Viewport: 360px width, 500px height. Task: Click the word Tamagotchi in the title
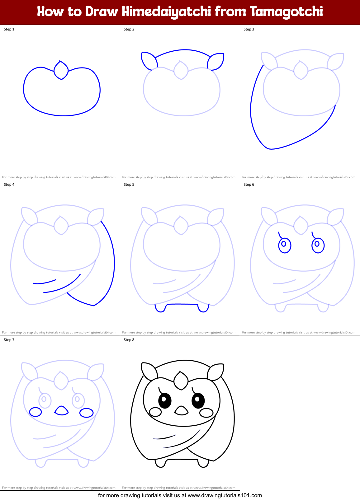286,12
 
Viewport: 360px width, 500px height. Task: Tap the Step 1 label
9,29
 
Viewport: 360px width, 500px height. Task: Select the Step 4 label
9,185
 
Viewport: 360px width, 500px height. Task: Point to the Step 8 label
129,340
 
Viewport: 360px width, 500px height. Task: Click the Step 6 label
249,185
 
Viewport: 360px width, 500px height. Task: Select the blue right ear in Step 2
216,61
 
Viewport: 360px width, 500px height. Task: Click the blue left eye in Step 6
284,245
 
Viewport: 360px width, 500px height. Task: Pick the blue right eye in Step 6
318,245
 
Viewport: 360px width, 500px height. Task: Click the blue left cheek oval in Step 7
36,412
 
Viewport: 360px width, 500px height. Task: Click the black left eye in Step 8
165,401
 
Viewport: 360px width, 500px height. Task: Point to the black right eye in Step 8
198,400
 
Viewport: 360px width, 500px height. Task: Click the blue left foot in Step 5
160,308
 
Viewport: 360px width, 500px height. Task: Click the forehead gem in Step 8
181,381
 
